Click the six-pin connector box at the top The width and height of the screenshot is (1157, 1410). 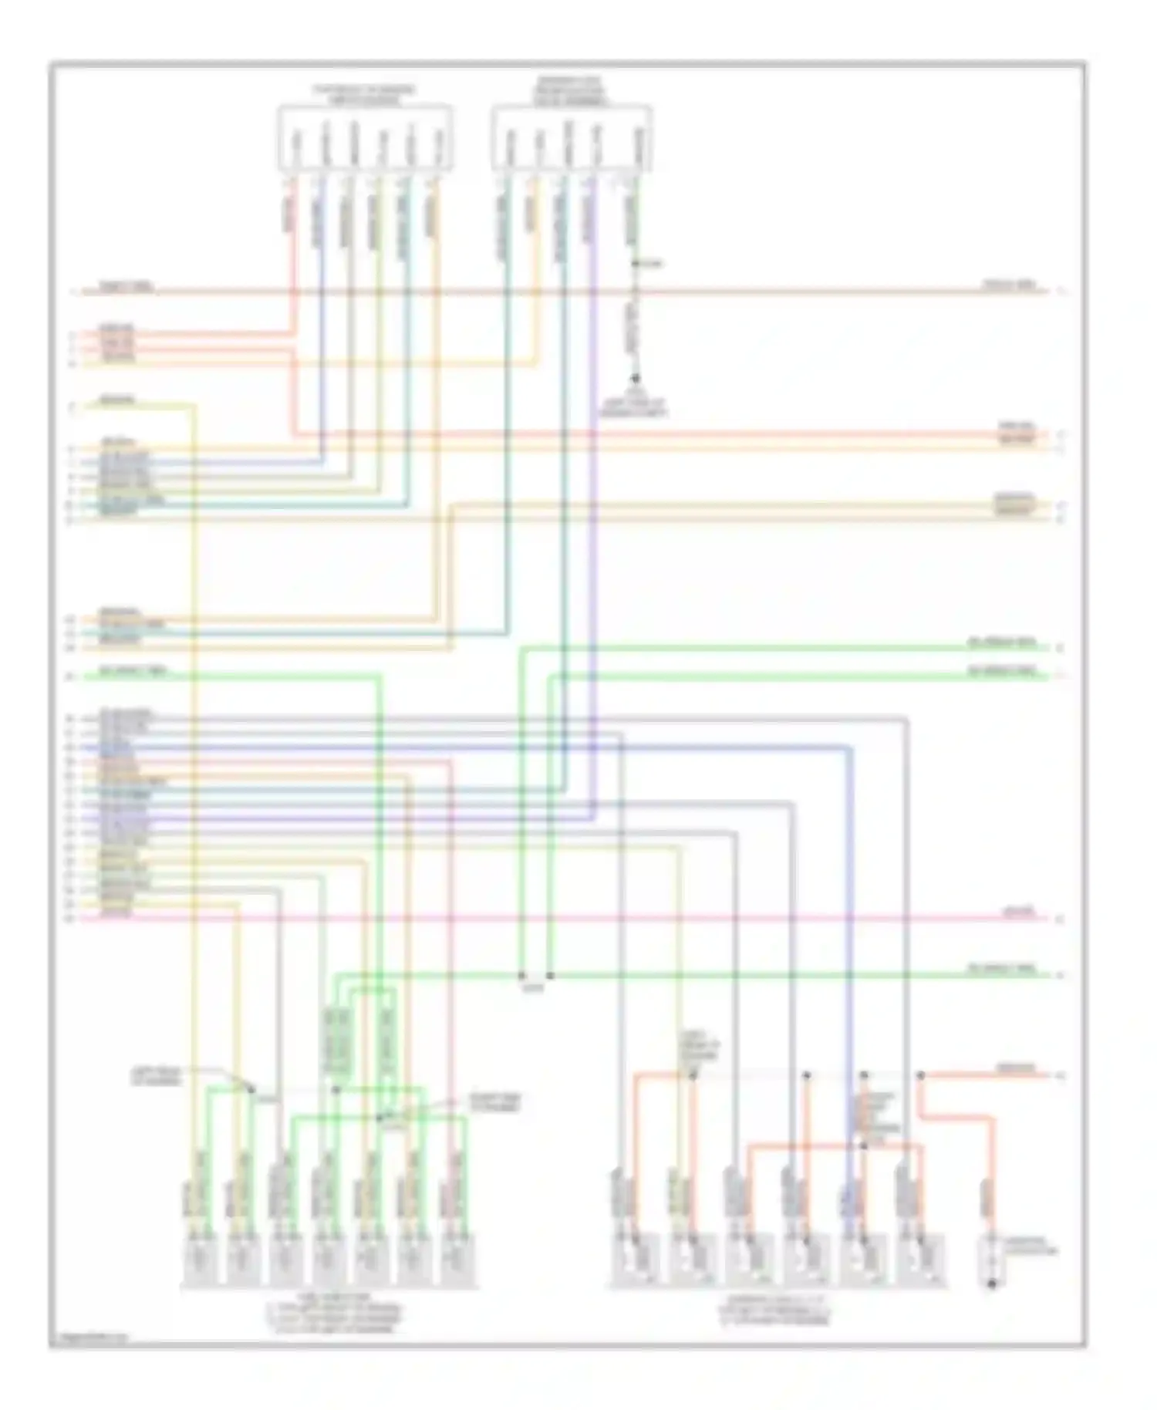point(364,138)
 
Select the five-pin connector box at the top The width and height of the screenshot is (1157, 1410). point(572,138)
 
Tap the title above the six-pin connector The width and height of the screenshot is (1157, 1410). point(364,94)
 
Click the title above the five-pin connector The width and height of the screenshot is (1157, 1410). point(571,91)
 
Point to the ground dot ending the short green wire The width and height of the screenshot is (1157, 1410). point(636,379)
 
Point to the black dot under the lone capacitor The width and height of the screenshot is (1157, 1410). point(992,1285)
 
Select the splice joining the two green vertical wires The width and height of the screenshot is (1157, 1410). point(535,977)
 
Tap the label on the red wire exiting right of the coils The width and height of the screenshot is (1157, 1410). point(1017,1069)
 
